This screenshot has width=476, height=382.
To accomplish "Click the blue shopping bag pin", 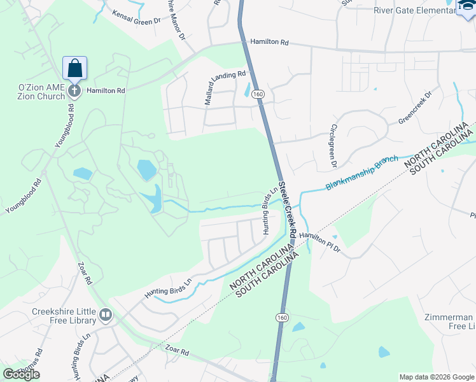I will pyautogui.click(x=74, y=68).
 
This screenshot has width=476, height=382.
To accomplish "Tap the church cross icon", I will pyautogui.click(x=74, y=90).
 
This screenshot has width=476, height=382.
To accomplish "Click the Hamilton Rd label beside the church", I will pyautogui.click(x=106, y=91).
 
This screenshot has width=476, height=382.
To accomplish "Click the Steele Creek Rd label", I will pyautogui.click(x=290, y=209).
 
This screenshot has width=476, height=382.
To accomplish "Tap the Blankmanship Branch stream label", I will pyautogui.click(x=361, y=172).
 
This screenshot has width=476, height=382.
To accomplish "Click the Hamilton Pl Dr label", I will pyautogui.click(x=320, y=241).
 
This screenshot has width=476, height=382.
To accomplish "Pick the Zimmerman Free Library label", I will pyautogui.click(x=450, y=322).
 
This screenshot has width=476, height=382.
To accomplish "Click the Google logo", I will pyautogui.click(x=22, y=374).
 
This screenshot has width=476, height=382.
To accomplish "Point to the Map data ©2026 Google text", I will pyautogui.click(x=437, y=377).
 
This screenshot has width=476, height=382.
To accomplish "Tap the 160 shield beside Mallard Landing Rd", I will pyautogui.click(x=258, y=94).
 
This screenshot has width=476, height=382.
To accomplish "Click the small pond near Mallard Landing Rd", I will pyautogui.click(x=247, y=91).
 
